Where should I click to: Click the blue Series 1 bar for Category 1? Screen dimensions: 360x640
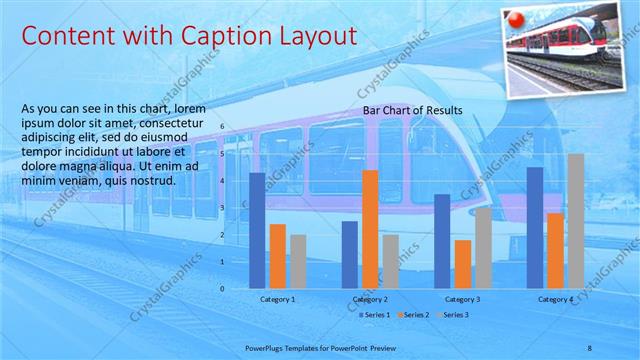pyautogui.click(x=257, y=231)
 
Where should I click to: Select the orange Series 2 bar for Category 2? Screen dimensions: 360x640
pyautogui.click(x=370, y=229)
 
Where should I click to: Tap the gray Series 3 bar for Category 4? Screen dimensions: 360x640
pyautogui.click(x=576, y=221)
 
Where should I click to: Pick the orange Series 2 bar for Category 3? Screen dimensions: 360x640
pyautogui.click(x=462, y=264)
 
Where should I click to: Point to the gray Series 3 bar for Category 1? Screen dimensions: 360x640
pyautogui.click(x=298, y=262)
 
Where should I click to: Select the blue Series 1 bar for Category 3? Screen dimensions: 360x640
pyautogui.click(x=441, y=241)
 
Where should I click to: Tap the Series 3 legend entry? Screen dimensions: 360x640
pyautogui.click(x=453, y=315)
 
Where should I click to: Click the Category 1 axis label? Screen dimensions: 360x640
pyautogui.click(x=278, y=299)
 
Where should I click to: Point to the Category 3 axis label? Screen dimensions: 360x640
pyautogui.click(x=462, y=299)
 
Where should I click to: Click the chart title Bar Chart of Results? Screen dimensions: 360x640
pyautogui.click(x=412, y=110)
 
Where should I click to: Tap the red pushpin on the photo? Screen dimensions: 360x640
pyautogui.click(x=517, y=19)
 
